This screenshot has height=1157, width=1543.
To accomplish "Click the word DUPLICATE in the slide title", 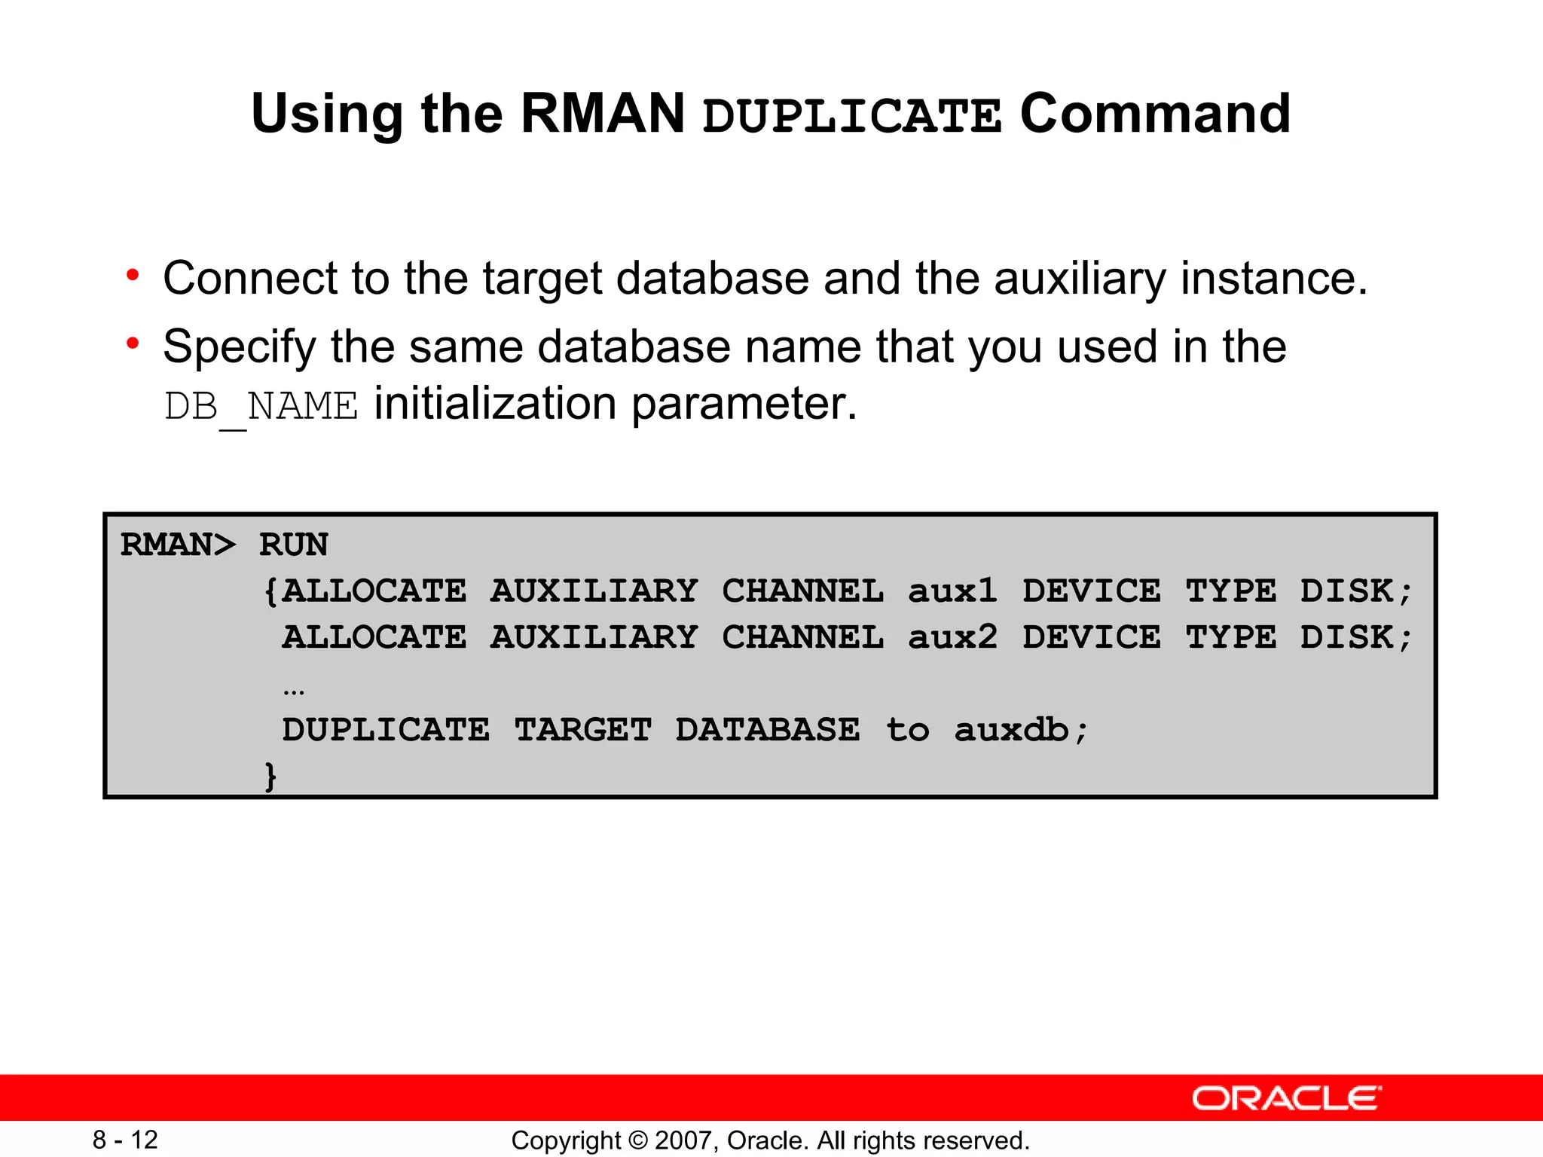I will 851,116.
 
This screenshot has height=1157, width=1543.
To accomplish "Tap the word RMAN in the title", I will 603,113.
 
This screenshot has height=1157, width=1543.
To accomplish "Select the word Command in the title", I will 1155,113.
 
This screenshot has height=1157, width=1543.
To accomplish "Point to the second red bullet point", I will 133,343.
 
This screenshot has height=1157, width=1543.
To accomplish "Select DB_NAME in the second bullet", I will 261,407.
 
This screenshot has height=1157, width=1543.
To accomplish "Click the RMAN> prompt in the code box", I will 178,545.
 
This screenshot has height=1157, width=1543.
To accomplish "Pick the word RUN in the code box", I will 294,545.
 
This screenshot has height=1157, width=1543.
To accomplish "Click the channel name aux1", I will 952,591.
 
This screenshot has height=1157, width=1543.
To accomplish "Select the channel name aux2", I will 952,637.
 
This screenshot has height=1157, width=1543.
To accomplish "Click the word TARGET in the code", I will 583,730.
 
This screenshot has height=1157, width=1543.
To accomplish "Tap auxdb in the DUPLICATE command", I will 1011,730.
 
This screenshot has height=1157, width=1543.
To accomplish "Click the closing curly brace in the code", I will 270,776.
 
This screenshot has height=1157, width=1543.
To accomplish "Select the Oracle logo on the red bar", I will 1286,1098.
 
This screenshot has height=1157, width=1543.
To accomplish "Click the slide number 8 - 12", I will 125,1140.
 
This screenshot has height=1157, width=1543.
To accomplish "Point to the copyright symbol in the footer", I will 638,1140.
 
